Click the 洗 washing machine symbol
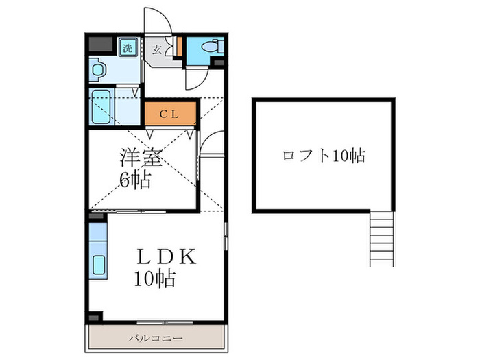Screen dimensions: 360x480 tap(127, 48)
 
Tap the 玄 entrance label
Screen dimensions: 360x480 tap(157, 49)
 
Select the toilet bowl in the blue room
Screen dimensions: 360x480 tap(216, 47)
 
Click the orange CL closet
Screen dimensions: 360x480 tap(170, 114)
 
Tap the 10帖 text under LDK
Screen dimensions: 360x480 tap(155, 279)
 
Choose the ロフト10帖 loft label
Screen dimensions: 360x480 tap(323, 156)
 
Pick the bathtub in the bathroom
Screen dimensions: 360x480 tap(104, 107)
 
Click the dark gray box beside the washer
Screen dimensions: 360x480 tap(100, 45)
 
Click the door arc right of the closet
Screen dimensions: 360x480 tap(213, 143)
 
